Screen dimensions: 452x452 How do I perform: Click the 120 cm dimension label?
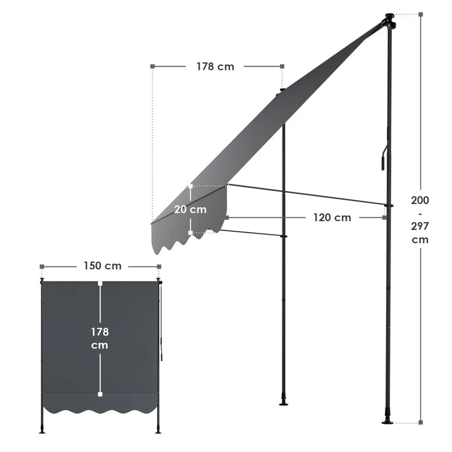[332, 218]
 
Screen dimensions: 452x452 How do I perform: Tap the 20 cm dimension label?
[190, 210]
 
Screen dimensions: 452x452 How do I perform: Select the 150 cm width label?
[103, 266]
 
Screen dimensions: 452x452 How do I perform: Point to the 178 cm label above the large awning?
[215, 66]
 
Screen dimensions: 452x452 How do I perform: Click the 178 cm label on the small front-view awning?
[100, 338]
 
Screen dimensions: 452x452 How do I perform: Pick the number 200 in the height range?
[420, 200]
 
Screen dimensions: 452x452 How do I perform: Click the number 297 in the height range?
[420, 227]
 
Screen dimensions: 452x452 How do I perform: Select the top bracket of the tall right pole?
[389, 20]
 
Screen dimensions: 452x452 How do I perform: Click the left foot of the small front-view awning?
[42, 430]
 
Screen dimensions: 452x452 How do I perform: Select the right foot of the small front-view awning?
[158, 430]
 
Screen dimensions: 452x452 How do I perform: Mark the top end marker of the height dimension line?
[420, 14]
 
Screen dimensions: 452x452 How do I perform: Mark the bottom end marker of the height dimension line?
[420, 422]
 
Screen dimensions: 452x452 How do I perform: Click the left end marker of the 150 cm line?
[42, 266]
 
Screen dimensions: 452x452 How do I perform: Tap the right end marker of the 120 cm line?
[384, 218]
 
